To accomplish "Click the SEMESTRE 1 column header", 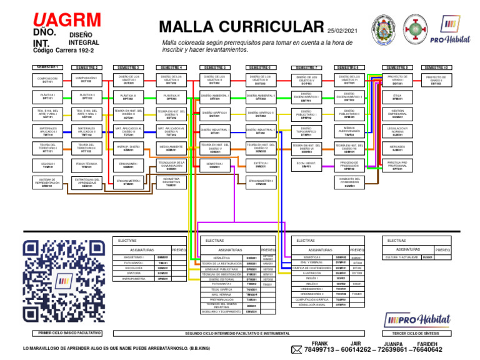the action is [x=47, y=67].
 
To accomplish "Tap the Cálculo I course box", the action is [x=47, y=165].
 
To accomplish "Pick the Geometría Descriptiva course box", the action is [x=171, y=182].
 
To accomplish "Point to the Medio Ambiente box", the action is [x=171, y=148].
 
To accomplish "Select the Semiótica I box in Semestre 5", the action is [x=215, y=165].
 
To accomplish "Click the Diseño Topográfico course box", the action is [x=306, y=131].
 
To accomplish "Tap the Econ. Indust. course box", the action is [x=306, y=165].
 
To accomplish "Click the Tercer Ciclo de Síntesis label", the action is [x=416, y=334].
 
